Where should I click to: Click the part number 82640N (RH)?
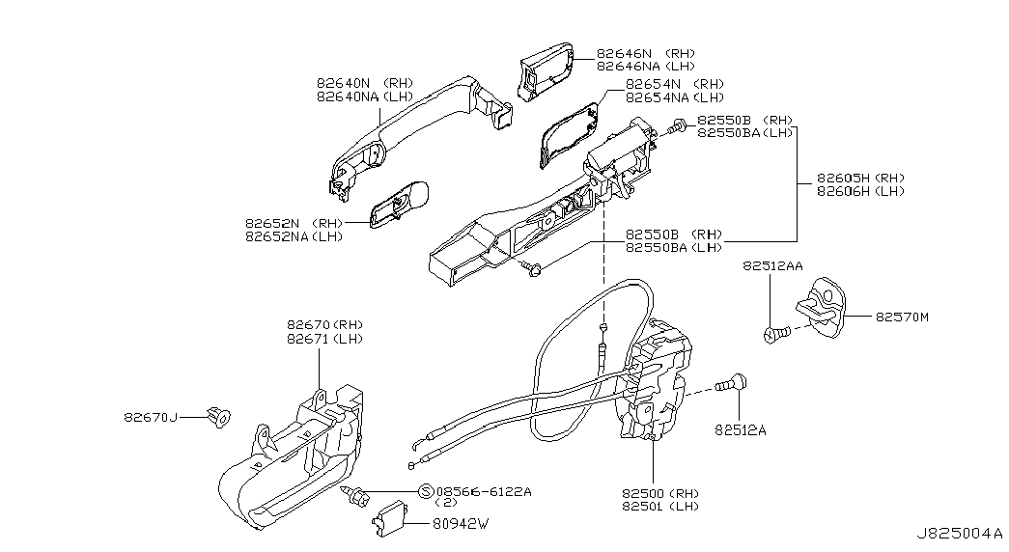coord(364,83)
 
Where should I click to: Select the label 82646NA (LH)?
coord(645,67)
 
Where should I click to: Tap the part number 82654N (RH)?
coord(674,84)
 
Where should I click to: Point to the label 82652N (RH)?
coord(294,223)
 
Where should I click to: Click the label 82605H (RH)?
coord(860,179)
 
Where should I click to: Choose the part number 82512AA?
coord(772,265)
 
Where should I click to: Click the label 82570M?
coord(902,317)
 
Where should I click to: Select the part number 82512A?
coord(740,430)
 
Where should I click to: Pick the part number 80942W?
coord(461,524)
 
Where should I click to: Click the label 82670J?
coord(150,418)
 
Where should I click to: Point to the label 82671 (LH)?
coord(324,339)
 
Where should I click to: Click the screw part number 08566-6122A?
coord(484,491)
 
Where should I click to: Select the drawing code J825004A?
coord(960,534)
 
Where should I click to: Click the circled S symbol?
coord(426,491)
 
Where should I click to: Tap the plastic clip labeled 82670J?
coord(219,417)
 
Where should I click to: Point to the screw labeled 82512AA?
coord(774,334)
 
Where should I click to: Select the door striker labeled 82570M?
coord(821,307)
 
